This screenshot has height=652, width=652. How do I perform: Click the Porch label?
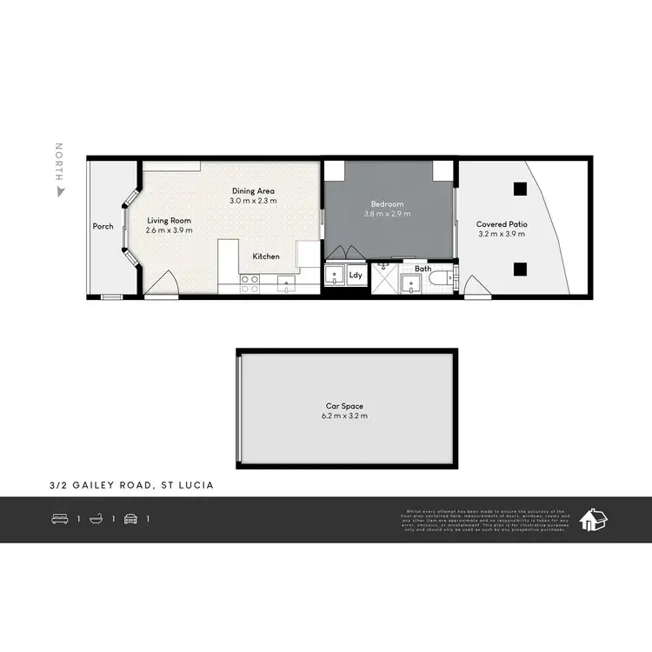click(103, 227)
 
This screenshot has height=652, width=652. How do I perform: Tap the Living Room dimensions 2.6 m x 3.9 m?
click(169, 231)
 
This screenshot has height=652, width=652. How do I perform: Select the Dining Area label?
click(253, 190)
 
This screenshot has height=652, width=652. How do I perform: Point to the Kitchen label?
click(266, 256)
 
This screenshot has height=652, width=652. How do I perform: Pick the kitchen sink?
click(286, 281)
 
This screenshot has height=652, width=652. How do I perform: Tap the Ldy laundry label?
click(356, 276)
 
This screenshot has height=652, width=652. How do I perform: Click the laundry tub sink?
click(335, 277)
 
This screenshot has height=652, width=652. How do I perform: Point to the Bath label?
click(422, 269)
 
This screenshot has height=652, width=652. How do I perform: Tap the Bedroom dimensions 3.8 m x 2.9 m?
click(387, 214)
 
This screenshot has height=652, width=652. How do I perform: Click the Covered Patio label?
click(502, 224)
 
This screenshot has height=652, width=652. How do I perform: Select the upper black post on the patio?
click(519, 189)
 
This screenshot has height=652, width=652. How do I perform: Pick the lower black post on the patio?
click(519, 269)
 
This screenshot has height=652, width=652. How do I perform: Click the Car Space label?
click(346, 406)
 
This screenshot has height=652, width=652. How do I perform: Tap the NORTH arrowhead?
click(60, 190)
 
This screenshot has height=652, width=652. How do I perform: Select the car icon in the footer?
click(130, 519)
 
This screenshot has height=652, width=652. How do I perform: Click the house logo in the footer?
click(595, 519)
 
